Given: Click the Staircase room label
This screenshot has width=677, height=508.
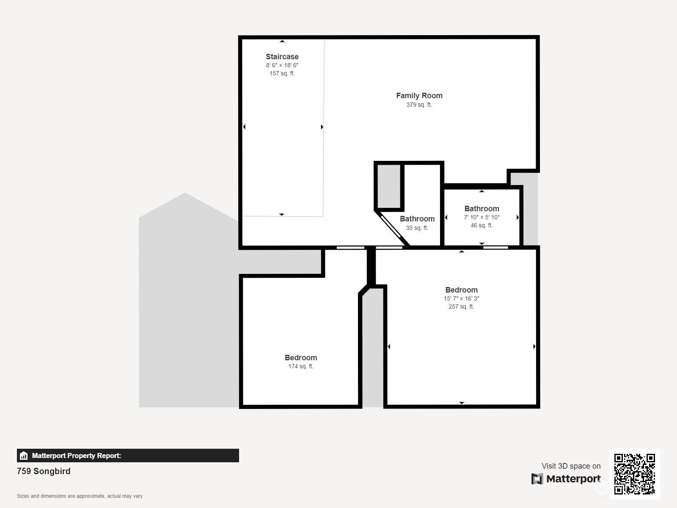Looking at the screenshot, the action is tap(282, 57).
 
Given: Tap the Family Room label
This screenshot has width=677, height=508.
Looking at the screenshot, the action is tap(419, 96).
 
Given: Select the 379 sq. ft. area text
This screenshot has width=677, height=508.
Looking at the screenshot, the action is tap(419, 105).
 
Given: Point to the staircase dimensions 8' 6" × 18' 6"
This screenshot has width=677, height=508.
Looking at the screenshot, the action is tap(282, 65).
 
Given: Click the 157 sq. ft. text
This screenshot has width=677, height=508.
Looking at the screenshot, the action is tap(282, 73).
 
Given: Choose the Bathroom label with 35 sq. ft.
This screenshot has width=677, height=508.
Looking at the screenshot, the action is tap(417, 219).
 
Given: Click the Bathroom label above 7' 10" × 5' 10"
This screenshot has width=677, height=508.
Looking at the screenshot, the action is tap(482, 209).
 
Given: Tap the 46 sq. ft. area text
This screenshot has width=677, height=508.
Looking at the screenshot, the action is tap(482, 226).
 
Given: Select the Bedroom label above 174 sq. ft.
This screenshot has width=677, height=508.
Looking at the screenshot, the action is tap(301, 358).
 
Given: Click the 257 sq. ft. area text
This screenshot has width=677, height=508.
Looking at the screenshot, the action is tap(461, 306).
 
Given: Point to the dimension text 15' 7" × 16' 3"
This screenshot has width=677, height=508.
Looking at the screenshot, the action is tap(461, 298).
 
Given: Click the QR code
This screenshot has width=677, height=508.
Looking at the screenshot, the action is tap(634, 474).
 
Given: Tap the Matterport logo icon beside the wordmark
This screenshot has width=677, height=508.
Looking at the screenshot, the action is tap(537, 479).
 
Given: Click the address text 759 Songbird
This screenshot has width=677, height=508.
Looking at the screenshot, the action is tap(44, 471).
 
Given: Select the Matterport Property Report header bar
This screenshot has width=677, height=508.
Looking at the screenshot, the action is tap(128, 456).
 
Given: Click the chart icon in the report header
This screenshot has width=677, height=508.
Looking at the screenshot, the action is tap(24, 456).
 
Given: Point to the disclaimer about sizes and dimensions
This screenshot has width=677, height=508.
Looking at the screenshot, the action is tap(80, 496).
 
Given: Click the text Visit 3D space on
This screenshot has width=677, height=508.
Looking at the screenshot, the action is tap(571, 466).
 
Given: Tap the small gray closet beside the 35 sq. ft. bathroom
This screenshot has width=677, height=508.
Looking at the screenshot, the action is tap(389, 187).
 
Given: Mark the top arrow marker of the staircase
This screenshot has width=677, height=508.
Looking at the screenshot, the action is tap(282, 41).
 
